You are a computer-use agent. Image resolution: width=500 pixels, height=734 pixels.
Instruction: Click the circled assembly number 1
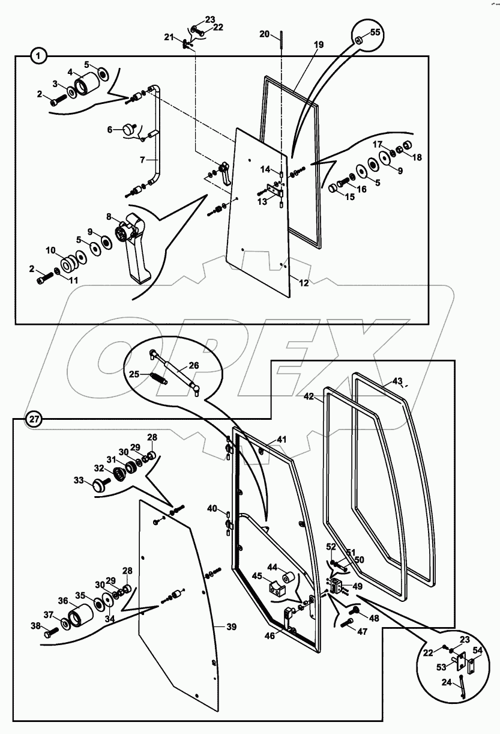coord(39,56)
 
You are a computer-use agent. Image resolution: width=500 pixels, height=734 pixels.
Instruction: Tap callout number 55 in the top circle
coord(375,32)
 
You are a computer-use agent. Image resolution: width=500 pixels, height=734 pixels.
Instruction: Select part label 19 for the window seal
coord(319,45)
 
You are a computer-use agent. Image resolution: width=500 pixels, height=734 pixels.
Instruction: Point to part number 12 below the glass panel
coord(304,283)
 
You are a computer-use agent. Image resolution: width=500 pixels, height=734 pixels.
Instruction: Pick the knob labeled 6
coord(128,129)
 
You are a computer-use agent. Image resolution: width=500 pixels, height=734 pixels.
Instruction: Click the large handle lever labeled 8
coord(134,247)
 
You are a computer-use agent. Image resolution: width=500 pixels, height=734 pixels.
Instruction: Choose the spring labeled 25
coord(158,377)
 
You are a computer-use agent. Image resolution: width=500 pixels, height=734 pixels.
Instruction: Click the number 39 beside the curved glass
coord(231,626)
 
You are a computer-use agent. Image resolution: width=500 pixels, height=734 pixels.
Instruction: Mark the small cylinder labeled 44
coord(289,577)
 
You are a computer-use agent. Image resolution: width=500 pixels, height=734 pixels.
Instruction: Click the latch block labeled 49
coord(336,585)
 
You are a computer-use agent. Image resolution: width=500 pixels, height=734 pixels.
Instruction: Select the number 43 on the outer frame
coord(397,381)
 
